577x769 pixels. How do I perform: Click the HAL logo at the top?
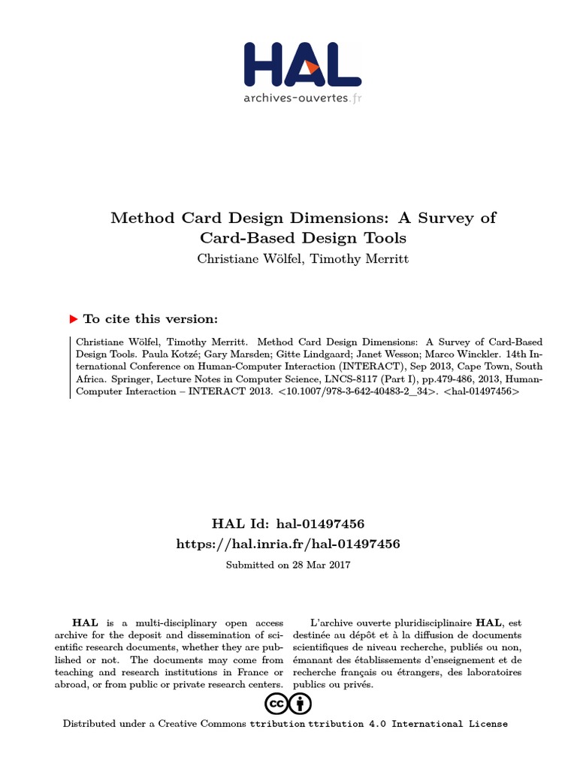(303, 64)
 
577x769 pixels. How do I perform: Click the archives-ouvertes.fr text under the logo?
(303, 98)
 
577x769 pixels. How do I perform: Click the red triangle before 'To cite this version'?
(73, 318)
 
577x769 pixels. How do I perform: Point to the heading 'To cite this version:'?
(150, 318)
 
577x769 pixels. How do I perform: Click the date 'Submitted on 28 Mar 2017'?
(288, 564)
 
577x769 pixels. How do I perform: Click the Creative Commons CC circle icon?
(276, 704)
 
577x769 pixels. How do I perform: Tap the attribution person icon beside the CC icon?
(301, 704)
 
